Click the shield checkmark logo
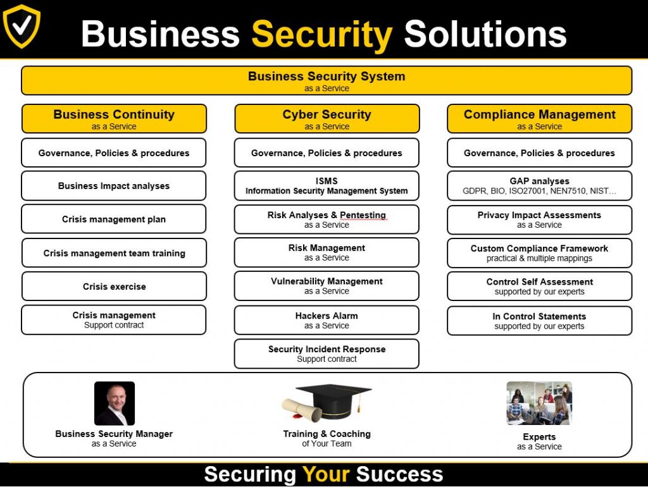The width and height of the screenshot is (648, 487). (x=22, y=26)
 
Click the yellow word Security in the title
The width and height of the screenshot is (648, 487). (x=322, y=35)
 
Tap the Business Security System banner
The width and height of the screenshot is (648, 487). (x=327, y=80)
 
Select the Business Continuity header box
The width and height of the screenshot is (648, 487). (x=114, y=118)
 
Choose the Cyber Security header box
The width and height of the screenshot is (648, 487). (x=327, y=118)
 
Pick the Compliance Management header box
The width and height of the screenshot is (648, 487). (x=539, y=118)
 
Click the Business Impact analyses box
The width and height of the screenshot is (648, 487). (x=114, y=186)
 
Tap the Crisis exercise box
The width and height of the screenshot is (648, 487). (x=114, y=287)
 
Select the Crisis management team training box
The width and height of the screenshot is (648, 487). (x=114, y=253)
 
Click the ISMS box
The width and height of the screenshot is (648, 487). (x=327, y=186)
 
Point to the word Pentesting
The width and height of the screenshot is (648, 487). (x=363, y=216)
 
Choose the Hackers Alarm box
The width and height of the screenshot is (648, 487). (x=327, y=320)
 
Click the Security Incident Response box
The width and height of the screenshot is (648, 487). (x=327, y=354)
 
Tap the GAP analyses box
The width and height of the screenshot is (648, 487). (x=539, y=186)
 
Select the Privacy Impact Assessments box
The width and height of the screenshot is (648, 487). (x=539, y=219)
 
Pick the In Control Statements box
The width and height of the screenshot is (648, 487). (x=539, y=321)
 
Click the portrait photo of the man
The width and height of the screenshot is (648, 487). (x=115, y=404)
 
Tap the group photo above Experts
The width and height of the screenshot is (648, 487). (x=539, y=403)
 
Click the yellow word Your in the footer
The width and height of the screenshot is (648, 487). (x=326, y=474)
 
